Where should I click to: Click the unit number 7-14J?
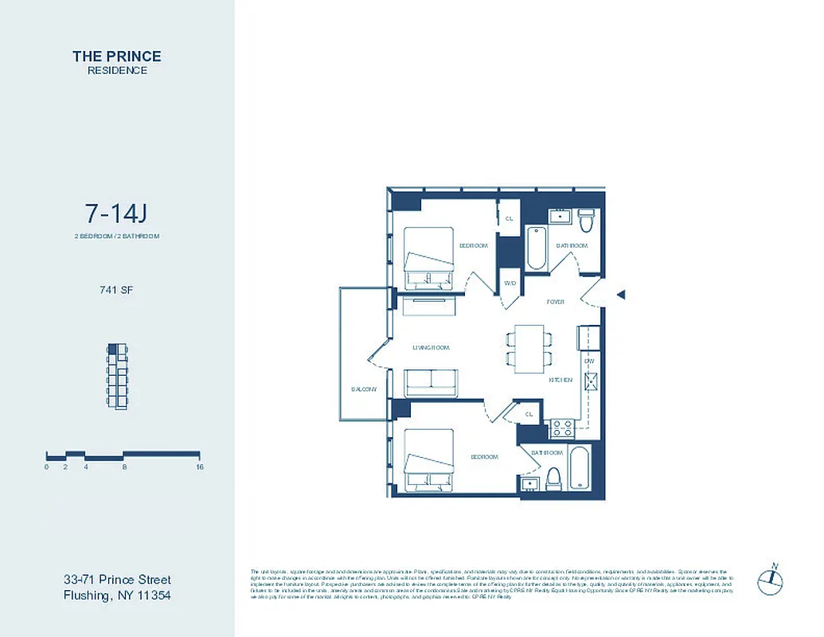click(x=117, y=213)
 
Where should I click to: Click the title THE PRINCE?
click(x=117, y=56)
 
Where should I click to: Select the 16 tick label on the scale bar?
click(x=199, y=467)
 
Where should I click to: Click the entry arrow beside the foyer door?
click(x=622, y=295)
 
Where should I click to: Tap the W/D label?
click(x=509, y=282)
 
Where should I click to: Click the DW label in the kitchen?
click(x=589, y=361)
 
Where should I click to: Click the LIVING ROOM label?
click(x=431, y=348)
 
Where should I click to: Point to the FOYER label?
click(x=555, y=303)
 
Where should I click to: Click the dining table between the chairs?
click(x=529, y=349)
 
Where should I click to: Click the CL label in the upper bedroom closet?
click(x=509, y=218)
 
